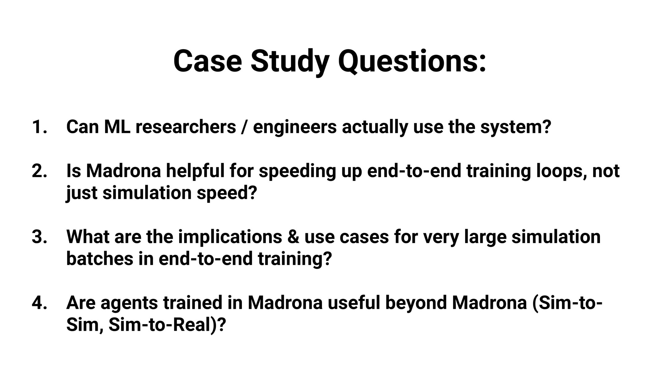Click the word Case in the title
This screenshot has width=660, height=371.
(208, 61)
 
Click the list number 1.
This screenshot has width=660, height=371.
(40, 126)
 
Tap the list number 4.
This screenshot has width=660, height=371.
(40, 303)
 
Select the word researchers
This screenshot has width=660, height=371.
(186, 126)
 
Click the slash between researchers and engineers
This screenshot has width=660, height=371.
(244, 127)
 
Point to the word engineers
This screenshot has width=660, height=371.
(295, 128)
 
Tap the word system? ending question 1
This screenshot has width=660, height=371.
(516, 128)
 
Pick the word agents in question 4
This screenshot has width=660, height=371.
(129, 304)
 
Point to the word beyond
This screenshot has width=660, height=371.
(416, 304)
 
